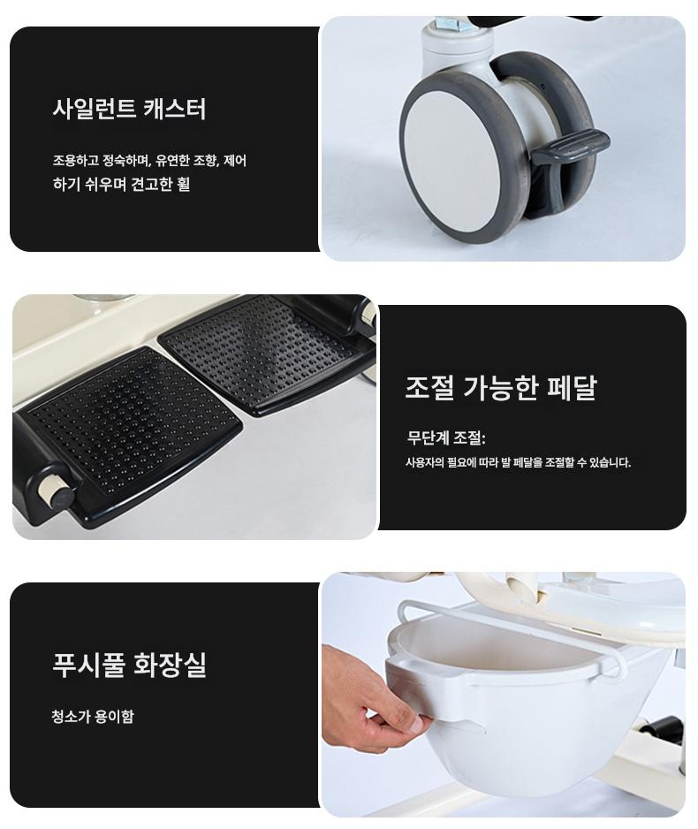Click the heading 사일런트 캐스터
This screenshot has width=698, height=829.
[x=129, y=109]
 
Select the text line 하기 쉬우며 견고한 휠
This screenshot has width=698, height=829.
[x=121, y=184]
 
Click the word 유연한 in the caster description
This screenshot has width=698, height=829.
[x=172, y=160]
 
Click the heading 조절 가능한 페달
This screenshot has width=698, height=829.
[x=500, y=387]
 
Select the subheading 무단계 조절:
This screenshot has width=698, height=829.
[x=446, y=437]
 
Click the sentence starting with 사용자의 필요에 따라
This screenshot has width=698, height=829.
[x=518, y=462]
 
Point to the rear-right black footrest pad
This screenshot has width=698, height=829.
[x=264, y=354]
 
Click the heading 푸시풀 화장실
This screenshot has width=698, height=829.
[x=129, y=665]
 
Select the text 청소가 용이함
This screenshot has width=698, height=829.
[x=93, y=717]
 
